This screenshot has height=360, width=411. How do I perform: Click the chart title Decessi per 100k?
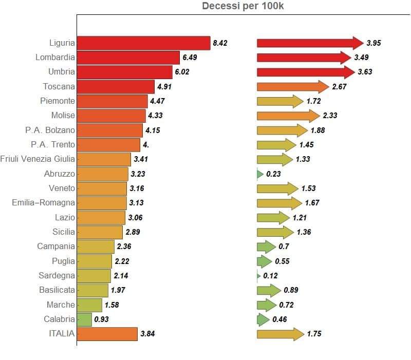pos(243,6)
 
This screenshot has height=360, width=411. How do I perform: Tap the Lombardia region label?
pos(55,58)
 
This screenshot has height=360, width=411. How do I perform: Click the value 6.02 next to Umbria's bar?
pos(182,72)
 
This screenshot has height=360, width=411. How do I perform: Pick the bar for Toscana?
pos(116,87)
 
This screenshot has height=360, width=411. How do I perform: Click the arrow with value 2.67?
pos(292,87)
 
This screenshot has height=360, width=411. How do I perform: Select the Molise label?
pos(63,116)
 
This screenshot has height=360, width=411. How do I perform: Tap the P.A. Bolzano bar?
pos(109,130)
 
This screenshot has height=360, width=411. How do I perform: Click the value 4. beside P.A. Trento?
pos(146,145)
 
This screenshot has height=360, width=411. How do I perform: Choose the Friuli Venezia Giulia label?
pos(38,159)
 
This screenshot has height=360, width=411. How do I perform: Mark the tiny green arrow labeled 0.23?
pos(260,174)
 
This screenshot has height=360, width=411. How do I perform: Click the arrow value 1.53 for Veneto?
pos(309,188)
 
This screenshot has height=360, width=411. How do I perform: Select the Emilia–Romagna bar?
pos(102,203)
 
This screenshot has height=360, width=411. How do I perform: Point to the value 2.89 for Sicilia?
pos(133,232)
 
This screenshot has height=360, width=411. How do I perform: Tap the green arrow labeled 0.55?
pos(264,261)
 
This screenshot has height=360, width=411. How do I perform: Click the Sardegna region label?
pos(57,276)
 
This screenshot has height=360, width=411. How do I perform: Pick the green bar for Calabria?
pos(84,319)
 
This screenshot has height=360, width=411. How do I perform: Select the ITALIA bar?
pos(107,334)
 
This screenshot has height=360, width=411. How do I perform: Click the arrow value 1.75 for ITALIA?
pos(314,334)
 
